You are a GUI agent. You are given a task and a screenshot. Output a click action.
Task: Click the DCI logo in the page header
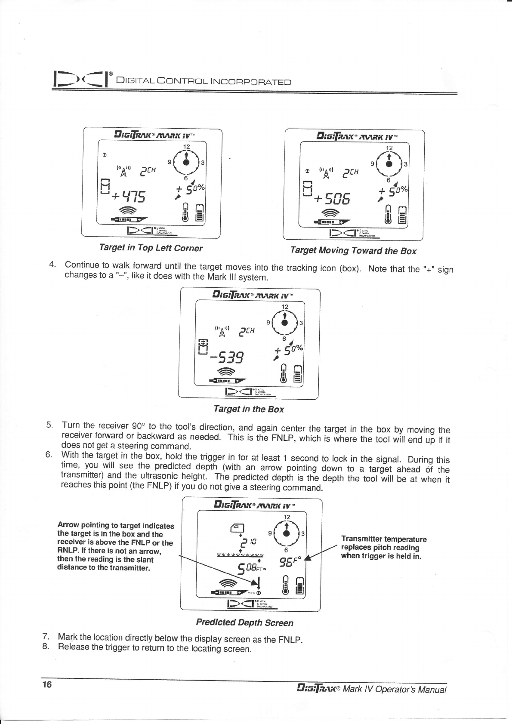coord(80,80)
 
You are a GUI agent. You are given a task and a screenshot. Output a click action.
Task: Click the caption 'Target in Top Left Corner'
coord(151,248)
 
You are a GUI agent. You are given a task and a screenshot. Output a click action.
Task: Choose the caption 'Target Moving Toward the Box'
coord(353,251)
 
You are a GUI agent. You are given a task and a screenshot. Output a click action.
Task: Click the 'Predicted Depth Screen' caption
coord(244,622)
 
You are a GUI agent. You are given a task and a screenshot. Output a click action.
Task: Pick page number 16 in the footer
coord(47,684)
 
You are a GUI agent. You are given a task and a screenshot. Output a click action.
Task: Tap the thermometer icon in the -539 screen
coord(283,374)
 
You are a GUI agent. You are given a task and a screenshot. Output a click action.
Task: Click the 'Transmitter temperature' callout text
coord(383,547)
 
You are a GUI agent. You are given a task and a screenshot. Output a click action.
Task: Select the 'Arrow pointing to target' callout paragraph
coord(115,546)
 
